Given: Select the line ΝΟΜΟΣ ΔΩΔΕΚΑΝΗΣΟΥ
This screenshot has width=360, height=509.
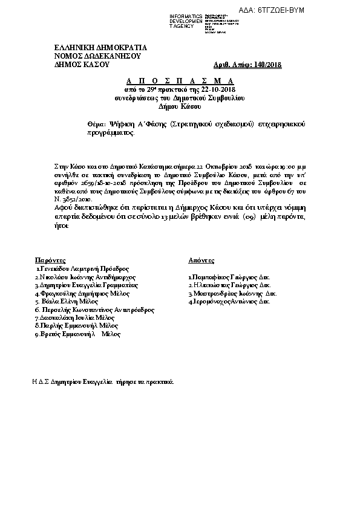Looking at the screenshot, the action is pos(97,56).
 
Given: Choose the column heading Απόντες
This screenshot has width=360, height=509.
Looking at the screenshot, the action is pos(201,259).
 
